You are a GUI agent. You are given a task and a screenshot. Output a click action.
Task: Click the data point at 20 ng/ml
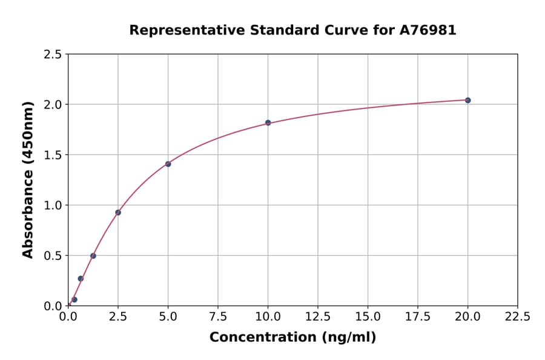coord(467,100)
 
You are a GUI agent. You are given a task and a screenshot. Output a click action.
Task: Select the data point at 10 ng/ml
coord(268,122)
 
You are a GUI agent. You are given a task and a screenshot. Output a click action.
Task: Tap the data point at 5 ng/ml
coord(168,164)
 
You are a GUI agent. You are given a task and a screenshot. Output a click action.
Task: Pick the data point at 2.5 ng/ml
coord(118,212)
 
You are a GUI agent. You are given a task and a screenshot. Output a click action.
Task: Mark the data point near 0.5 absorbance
coord(93,256)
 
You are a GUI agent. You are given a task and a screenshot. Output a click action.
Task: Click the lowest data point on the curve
coord(74,299)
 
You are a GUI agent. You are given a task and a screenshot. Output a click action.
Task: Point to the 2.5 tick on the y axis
coord(53,55)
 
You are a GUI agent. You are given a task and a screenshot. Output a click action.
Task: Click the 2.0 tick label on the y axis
coord(53,105)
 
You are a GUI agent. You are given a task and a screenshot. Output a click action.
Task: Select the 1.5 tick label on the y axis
coord(53,155)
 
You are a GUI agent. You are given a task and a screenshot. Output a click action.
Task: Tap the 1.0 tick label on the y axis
coord(53,205)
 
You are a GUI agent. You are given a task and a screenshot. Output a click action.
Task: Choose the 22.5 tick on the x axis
coord(517,317)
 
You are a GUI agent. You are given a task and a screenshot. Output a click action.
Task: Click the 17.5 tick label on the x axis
coord(417,317)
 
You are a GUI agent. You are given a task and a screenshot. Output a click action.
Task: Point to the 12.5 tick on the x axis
coord(318,317)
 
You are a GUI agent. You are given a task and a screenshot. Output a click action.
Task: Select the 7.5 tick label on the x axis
coord(218,317)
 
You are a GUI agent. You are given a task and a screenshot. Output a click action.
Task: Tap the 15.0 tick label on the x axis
coord(368,317)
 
